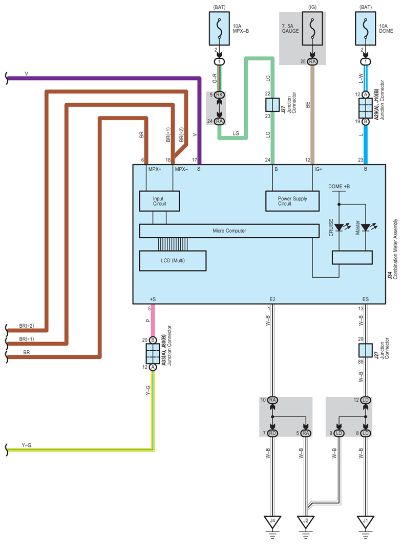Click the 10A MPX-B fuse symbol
(x=219, y=29)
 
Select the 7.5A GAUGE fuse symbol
(x=312, y=29)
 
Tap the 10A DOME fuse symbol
(x=366, y=29)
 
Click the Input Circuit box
(x=159, y=201)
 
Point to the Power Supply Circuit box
(x=292, y=201)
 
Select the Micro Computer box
(x=229, y=231)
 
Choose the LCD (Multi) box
(x=173, y=261)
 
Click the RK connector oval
(x=219, y=95)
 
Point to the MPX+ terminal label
(x=155, y=169)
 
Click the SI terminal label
(x=199, y=169)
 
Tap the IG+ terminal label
(x=318, y=169)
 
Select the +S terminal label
(x=153, y=299)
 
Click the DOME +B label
(x=339, y=187)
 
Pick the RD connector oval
(x=272, y=433)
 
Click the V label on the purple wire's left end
(x=27, y=74)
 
